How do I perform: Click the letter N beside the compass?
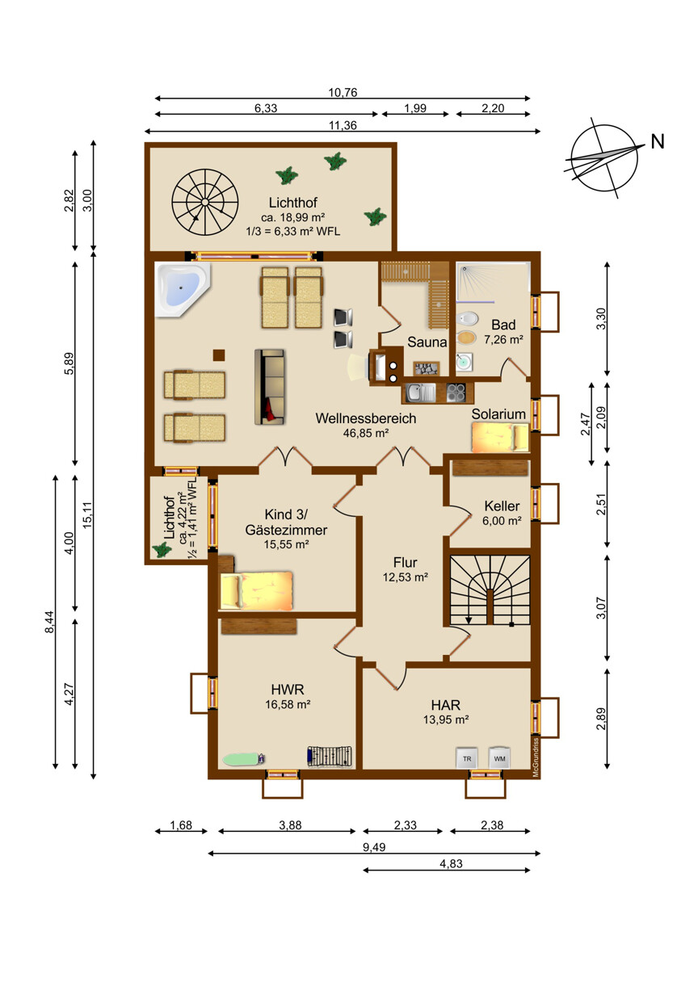pos(658,141)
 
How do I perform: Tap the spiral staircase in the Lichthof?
pos(204,202)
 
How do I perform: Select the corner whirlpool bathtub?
pos(183,289)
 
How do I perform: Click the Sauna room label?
pos(427,342)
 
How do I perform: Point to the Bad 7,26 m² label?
pos(503,331)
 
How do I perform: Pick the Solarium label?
pos(498,413)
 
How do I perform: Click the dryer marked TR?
pos(467,758)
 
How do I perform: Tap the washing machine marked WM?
pos(499,758)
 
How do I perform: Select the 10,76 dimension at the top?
pos(343,93)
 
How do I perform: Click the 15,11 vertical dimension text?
pos(88,514)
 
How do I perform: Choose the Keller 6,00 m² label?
pos(502,513)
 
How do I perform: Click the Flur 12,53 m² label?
pos(405,569)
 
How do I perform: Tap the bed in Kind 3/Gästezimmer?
pos(257,590)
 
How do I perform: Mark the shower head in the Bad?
pos(464,268)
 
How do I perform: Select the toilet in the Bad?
pos(466,318)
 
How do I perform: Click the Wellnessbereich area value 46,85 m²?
pos(366,433)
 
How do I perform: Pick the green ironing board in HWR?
pos(244,759)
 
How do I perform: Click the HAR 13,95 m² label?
pos(446,712)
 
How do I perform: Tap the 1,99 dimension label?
pos(415,108)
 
